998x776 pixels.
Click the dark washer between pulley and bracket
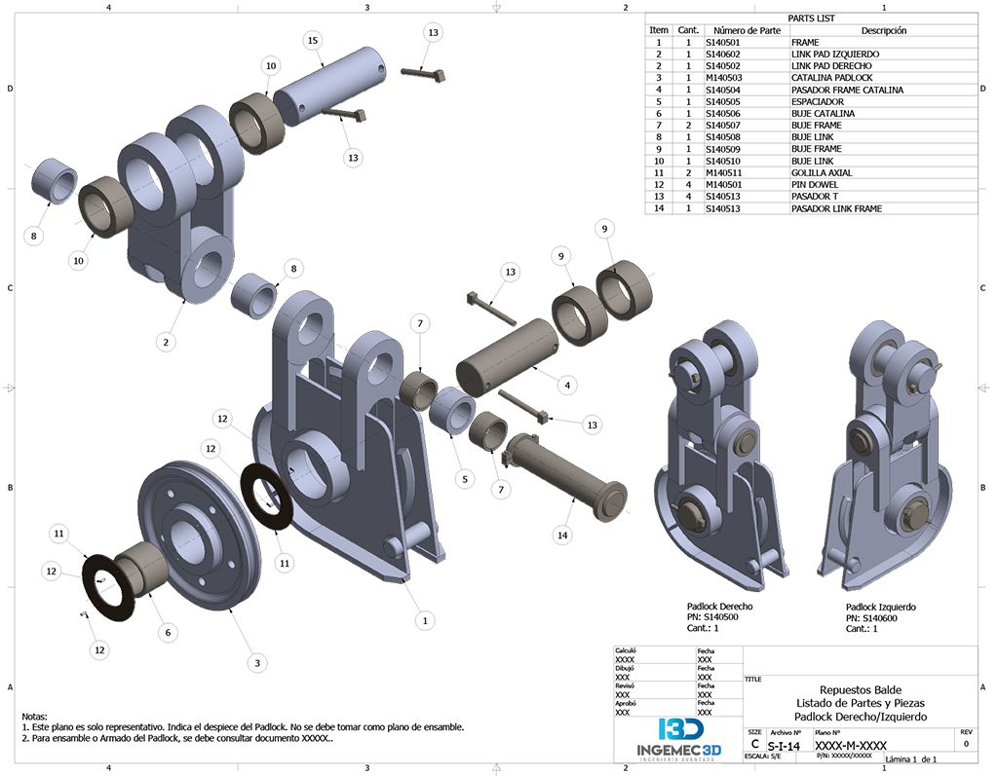point(265,497)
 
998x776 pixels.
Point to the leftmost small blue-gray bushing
point(54,182)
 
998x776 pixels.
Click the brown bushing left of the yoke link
point(102,206)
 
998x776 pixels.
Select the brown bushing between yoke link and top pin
point(256,124)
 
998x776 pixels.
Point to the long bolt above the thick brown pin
point(492,309)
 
